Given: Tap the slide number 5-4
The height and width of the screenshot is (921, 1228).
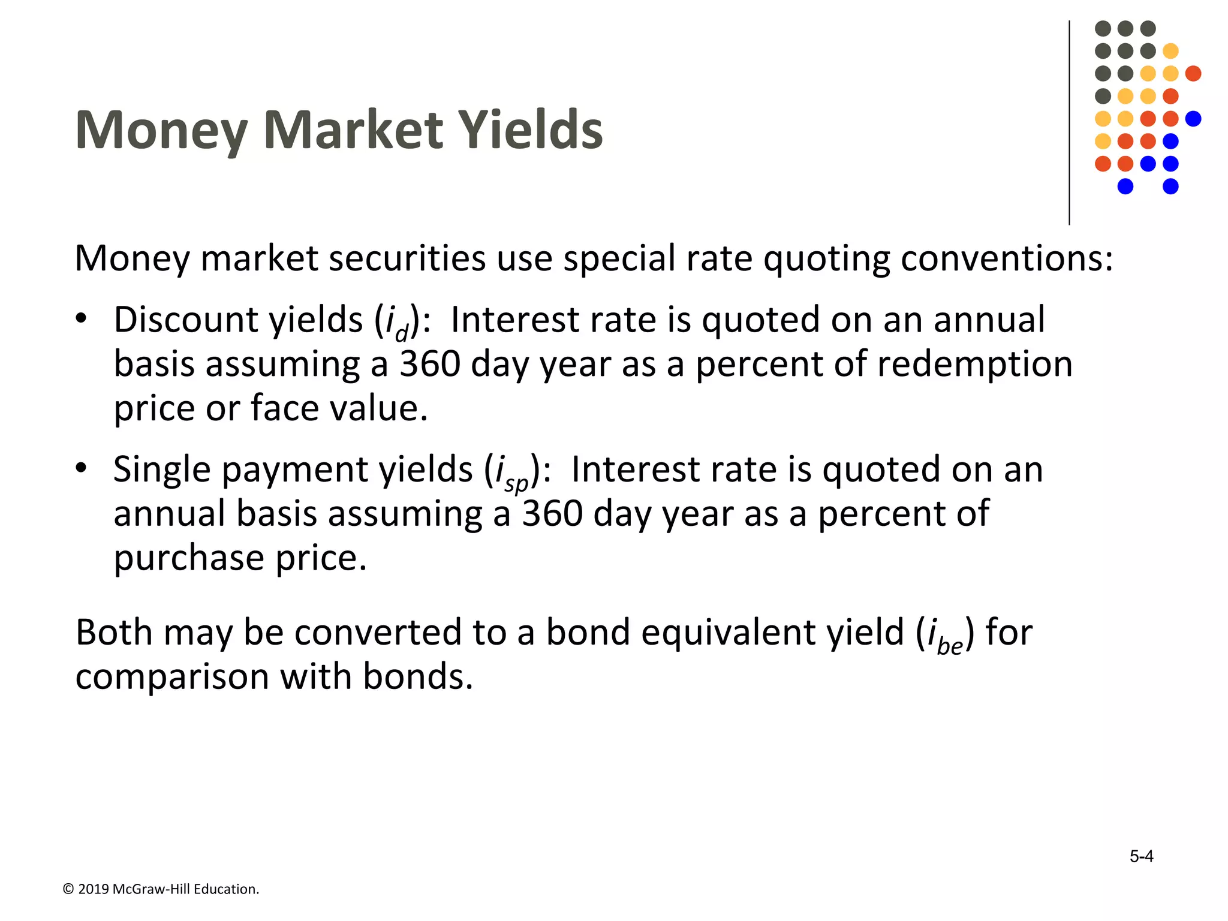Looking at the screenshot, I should click(1141, 856).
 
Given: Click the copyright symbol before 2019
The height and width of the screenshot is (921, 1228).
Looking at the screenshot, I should click(68, 889).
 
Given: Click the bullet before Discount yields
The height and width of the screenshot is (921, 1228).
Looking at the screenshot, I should click(82, 318).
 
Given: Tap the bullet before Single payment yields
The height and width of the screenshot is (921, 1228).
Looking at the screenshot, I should click(82, 468).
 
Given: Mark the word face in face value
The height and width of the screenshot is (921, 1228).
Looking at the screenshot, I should click(285, 408).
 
